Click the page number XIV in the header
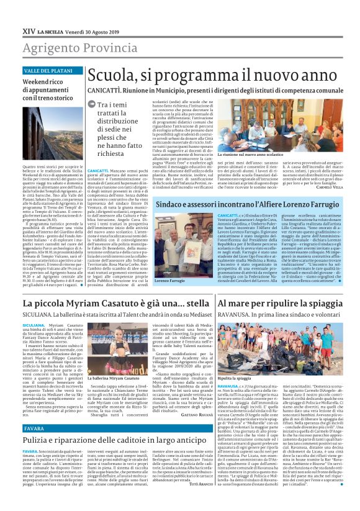(29, 30)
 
